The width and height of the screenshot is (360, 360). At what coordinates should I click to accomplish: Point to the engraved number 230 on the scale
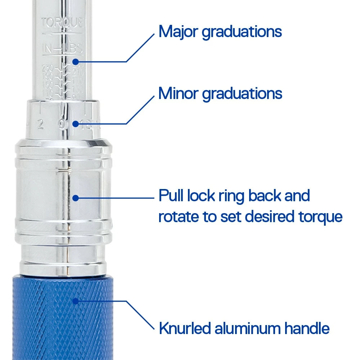47,67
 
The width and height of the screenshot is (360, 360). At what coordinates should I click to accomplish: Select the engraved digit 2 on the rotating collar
40,125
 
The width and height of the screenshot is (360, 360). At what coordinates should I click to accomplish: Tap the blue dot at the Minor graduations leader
75,124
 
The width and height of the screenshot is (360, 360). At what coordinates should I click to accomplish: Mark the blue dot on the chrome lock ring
75,198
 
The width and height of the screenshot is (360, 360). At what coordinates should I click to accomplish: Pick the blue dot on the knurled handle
75,301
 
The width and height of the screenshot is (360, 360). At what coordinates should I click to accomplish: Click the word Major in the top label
179,32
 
